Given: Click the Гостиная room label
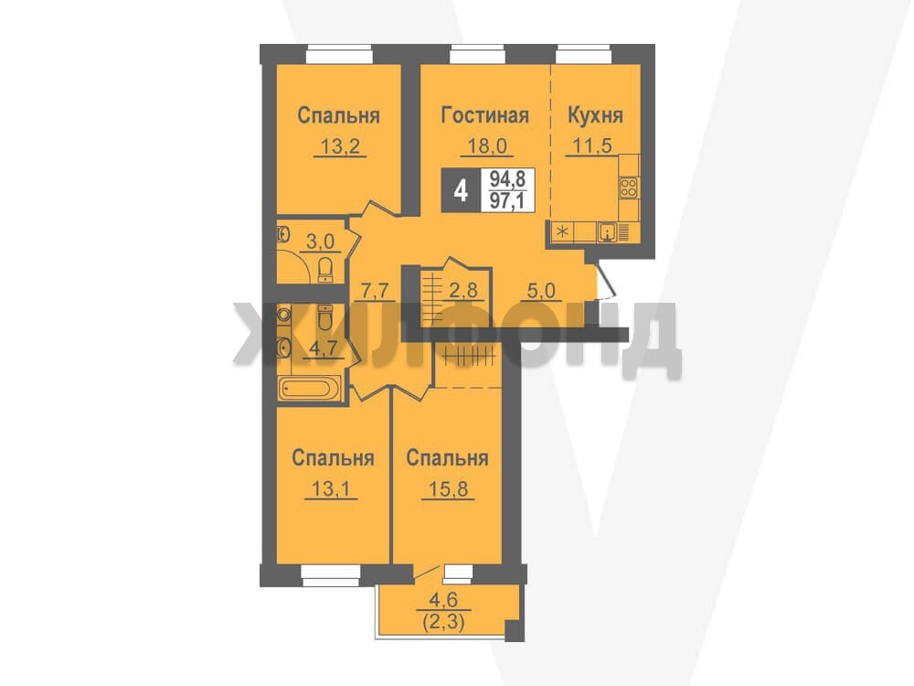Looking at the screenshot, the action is pos(485,115).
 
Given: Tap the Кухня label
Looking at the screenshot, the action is pos(595,115).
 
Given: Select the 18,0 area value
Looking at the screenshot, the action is pos(487,145).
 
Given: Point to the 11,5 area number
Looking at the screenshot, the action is pos(592,145).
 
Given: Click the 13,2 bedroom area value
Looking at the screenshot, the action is pos(340,145).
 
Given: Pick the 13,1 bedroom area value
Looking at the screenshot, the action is pos(331,488).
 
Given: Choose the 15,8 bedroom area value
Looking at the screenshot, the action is pos(448,488).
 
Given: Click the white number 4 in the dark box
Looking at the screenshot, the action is pos(461,190).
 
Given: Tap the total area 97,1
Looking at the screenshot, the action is pos(507,201).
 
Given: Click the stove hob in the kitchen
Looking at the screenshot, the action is pos(629,188).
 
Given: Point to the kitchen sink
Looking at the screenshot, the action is pos(608,232).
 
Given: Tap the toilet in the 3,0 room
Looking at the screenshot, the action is pos(324,270).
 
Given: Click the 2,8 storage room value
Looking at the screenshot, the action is pos(462,290).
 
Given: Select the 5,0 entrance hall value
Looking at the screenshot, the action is pos(541,291).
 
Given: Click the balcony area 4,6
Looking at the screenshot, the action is pos(443,600).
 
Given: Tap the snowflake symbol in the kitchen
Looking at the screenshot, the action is pos(562,232).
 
